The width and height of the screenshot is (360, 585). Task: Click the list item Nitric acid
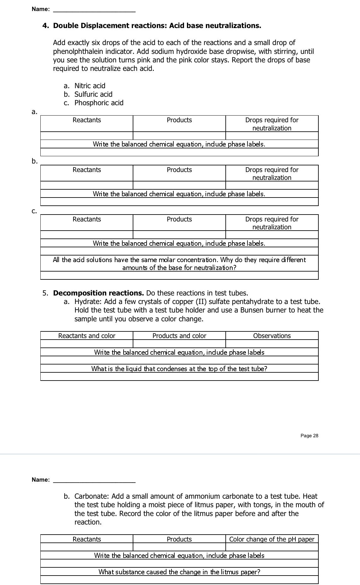(x=90, y=86)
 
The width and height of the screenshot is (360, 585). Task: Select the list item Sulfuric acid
(x=93, y=94)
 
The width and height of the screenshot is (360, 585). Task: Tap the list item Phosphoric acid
(x=99, y=103)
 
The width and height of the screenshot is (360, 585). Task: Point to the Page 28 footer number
(x=309, y=436)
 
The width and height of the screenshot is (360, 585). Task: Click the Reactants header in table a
(x=87, y=120)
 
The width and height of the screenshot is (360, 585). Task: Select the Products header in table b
(x=179, y=170)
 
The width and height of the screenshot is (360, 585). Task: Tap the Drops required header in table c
(x=272, y=223)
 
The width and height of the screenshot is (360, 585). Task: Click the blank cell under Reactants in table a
(x=87, y=136)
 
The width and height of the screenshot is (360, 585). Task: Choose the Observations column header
(x=272, y=336)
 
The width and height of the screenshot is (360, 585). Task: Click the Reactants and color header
(x=87, y=336)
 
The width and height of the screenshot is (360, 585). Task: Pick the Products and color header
(x=179, y=336)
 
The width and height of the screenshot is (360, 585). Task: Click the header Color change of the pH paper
(x=272, y=539)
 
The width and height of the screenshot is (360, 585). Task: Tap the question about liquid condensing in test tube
(x=179, y=369)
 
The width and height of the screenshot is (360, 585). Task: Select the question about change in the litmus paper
(x=179, y=572)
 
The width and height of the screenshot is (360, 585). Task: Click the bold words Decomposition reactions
(x=98, y=293)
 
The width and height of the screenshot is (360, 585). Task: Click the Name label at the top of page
(x=41, y=9)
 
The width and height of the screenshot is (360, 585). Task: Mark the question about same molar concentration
(x=179, y=264)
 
